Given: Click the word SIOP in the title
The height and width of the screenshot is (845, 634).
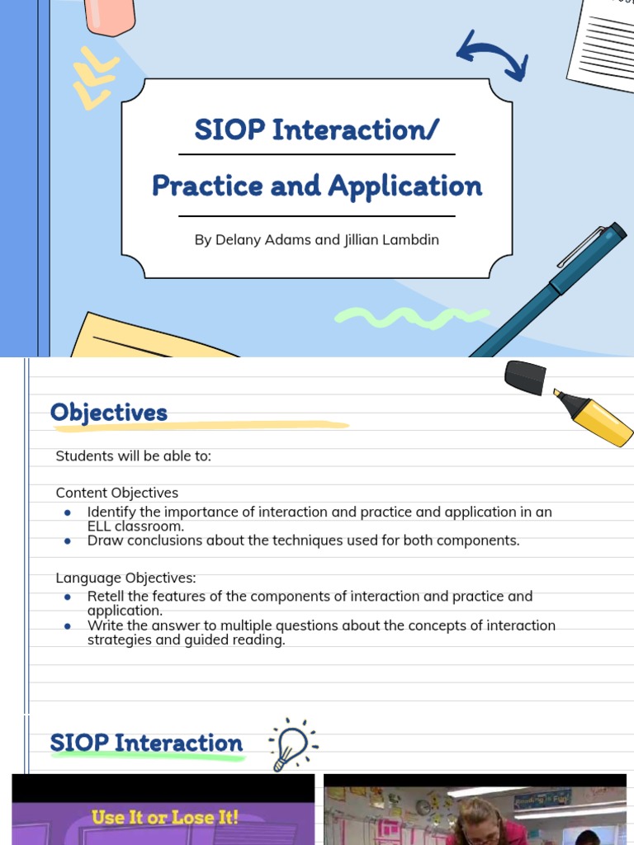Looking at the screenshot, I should coord(229,130).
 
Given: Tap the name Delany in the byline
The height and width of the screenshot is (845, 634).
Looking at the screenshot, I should coord(240,240).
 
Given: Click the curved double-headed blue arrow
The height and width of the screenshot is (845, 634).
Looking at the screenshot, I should coord(492,56).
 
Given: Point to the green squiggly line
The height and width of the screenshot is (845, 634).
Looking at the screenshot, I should coord(411,317).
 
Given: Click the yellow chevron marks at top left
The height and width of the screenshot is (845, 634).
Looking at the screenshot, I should coord(92,79).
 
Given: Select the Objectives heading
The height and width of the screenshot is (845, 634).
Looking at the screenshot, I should coord(109,413).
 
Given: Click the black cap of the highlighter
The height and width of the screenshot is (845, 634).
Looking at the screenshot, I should coord(526,376).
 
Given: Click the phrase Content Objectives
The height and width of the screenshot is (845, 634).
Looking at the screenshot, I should coord(116,493).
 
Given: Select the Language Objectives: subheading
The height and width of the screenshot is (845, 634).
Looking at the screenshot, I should coord(125,578).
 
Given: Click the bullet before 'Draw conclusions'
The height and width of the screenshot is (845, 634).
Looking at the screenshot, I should coord(68,541).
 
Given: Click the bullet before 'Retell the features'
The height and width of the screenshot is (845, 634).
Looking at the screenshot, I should coord(68,597).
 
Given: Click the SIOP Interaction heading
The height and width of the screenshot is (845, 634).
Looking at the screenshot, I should coord(147,744).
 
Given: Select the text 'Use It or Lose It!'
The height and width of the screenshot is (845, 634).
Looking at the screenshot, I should coord(165,818).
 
